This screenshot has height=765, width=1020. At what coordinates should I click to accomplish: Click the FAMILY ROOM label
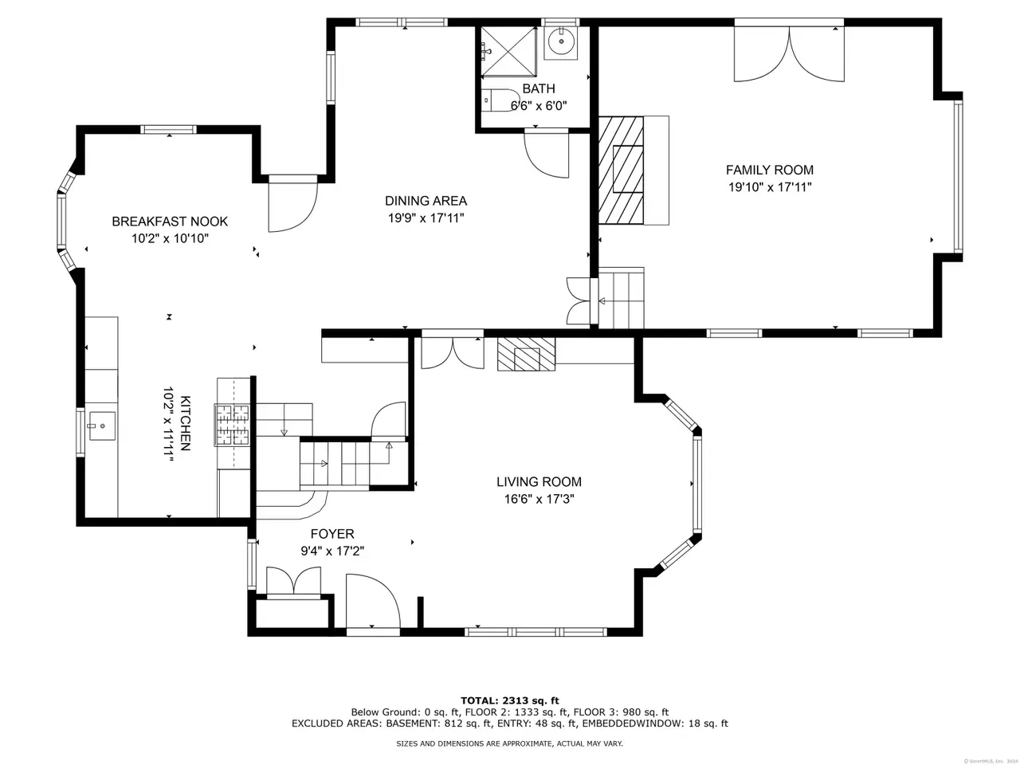769,170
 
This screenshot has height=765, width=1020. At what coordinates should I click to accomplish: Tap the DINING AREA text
426,201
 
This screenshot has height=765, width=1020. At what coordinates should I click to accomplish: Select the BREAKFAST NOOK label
170,221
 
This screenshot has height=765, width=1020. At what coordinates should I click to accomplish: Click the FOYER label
332,534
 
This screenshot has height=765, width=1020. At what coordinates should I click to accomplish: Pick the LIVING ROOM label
539,481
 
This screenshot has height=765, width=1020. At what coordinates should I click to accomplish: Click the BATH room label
539,88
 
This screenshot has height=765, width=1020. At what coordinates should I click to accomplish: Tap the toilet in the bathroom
500,100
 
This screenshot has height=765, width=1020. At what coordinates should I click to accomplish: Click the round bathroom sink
561,41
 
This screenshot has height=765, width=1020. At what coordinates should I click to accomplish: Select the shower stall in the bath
508,51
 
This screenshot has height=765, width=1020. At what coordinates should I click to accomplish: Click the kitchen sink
102,426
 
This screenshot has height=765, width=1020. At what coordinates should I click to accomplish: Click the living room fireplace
527,354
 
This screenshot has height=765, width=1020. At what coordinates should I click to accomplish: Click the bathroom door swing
547,155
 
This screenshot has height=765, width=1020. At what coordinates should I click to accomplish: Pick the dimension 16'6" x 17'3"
539,500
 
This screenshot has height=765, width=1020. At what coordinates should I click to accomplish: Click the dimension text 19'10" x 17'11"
770,187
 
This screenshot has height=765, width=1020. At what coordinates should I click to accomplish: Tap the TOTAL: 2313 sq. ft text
510,700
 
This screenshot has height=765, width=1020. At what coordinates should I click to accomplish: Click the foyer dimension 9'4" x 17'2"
332,551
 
